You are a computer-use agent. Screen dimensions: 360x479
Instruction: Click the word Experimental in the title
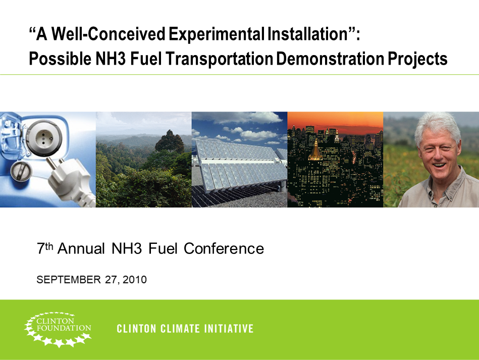[x=216, y=35]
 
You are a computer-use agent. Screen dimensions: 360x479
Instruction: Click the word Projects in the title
[x=417, y=59]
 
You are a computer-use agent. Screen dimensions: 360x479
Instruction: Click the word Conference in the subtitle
[x=224, y=248]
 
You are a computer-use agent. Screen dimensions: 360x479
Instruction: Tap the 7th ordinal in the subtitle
[x=45, y=248]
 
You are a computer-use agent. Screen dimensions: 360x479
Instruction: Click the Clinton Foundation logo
[x=58, y=329]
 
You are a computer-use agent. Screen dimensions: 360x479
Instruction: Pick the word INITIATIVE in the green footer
[x=229, y=329]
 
